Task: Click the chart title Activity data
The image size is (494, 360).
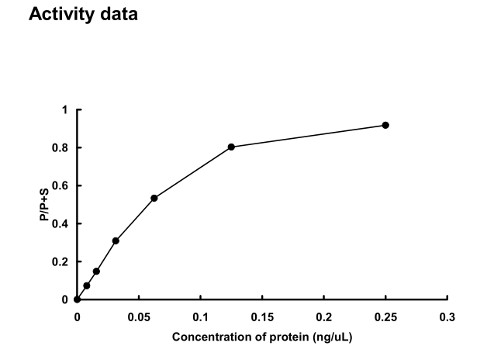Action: [83, 15]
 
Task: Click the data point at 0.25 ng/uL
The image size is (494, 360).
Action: [385, 125]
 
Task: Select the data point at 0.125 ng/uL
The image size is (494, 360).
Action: [231, 147]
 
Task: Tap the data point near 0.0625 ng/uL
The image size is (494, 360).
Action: [154, 198]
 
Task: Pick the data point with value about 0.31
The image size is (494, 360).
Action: [116, 241]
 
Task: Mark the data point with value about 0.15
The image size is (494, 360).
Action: [96, 271]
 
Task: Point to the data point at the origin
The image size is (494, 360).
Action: [77, 299]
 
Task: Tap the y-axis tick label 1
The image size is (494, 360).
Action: [66, 110]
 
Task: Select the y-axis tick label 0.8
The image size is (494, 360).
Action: [62, 148]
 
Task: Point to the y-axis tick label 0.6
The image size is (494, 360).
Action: [62, 186]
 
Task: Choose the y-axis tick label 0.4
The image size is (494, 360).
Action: [62, 224]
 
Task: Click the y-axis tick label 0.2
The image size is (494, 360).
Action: [62, 261]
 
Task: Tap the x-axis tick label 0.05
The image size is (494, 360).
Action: [139, 317]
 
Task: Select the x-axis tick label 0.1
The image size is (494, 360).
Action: [200, 317]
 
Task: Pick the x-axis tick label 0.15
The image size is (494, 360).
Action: [262, 317]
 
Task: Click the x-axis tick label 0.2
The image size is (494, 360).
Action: [323, 317]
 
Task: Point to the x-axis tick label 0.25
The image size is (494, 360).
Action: [385, 317]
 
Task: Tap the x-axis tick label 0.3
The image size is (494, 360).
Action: [447, 317]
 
